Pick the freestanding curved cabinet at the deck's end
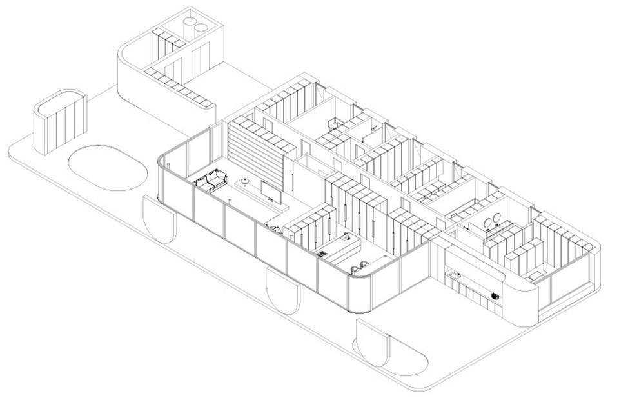pos(59,121)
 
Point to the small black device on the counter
pos(495,295)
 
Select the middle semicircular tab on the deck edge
pos(284,290)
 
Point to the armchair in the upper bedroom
pos(334,123)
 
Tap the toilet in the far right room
pos(534,276)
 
